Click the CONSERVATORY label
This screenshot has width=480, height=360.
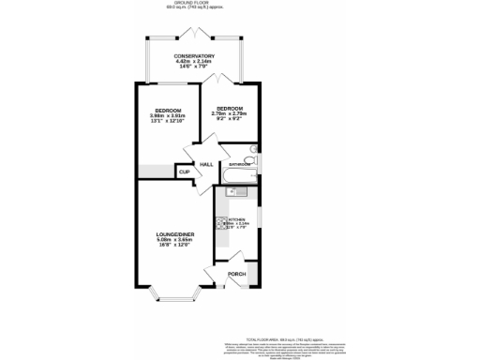[194, 56]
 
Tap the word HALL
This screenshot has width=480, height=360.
[205, 164]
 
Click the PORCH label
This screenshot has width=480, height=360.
[236, 274]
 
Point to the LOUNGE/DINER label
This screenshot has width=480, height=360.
[175, 233]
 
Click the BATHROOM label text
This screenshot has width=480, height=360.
[239, 164]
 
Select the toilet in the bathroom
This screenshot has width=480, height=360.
[253, 159]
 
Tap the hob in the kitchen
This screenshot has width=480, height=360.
[220, 224]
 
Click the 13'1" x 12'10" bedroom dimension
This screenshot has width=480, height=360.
[169, 121]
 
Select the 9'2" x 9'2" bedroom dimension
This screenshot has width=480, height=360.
[230, 119]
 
